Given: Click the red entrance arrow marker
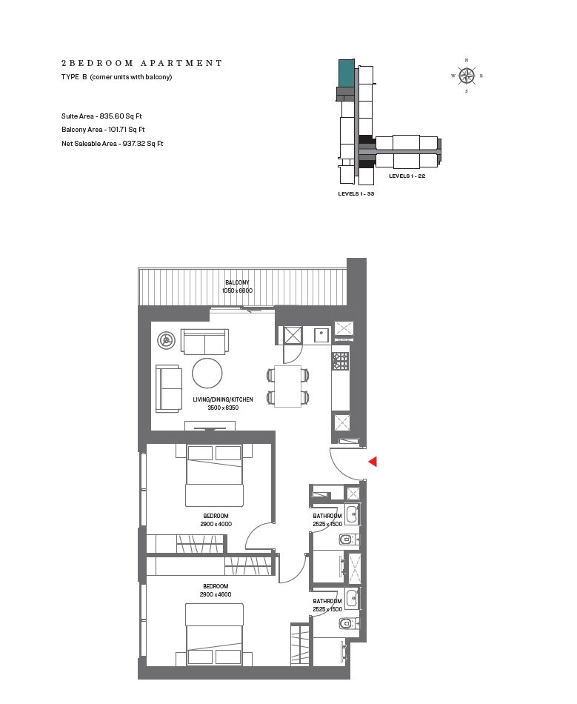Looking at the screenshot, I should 373,462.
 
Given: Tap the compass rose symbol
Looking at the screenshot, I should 467,76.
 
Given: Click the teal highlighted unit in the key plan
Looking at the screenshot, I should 346,73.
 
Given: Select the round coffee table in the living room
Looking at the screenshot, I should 207,373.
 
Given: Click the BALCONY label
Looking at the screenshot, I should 238,282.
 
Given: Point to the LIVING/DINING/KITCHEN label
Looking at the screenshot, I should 223,399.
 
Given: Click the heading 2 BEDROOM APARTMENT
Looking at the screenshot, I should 141,64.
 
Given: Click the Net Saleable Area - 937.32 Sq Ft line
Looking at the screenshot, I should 112,143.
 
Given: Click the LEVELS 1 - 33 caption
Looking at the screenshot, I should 356,193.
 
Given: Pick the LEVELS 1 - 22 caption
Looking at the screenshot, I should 407,176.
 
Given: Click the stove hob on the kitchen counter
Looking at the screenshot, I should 341,361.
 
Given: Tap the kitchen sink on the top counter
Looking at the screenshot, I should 321,334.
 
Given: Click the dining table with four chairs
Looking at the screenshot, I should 287,386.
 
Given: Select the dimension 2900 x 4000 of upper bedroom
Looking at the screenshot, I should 216,524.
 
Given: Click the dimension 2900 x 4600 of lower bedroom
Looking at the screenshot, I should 216,594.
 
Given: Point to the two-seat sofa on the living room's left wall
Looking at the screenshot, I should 169,388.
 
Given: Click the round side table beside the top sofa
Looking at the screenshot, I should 167,340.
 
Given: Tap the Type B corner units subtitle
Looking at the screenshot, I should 116,77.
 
